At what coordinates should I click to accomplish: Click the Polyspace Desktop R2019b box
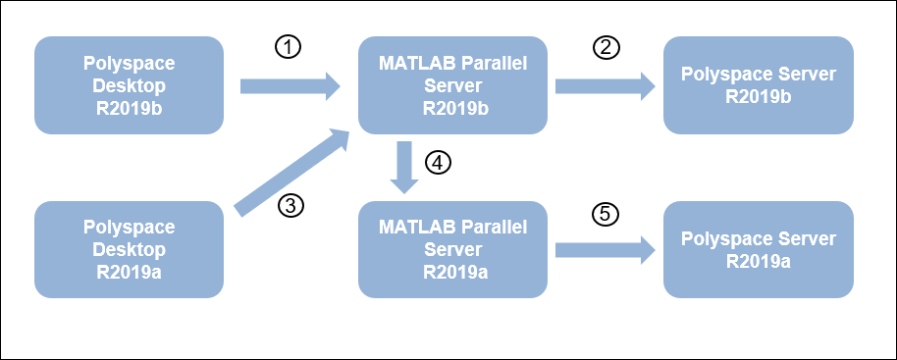click(129, 85)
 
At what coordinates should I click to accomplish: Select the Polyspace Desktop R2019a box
click(129, 250)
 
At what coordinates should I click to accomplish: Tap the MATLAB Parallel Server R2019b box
click(451, 85)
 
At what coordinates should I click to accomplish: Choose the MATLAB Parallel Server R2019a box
click(451, 250)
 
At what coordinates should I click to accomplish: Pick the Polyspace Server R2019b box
click(757, 85)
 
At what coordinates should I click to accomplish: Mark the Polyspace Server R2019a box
click(757, 250)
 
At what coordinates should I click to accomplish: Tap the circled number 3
click(290, 205)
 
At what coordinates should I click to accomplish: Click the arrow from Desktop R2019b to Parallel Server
click(290, 87)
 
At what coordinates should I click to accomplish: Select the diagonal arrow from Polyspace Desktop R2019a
click(292, 169)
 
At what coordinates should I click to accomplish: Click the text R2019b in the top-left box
click(129, 107)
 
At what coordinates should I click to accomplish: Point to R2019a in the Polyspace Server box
click(757, 260)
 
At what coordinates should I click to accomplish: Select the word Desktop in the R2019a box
click(129, 250)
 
